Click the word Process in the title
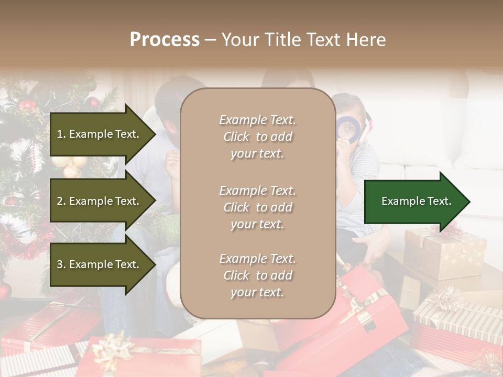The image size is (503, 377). (165, 40)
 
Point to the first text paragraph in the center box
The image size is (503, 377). (257, 137)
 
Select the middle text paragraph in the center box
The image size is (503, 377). (257, 207)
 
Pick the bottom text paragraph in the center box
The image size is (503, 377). (257, 275)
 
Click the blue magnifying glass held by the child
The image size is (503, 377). (347, 127)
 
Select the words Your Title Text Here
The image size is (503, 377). (303, 40)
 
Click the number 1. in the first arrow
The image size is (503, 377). (61, 134)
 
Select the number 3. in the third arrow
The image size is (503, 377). (61, 264)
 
